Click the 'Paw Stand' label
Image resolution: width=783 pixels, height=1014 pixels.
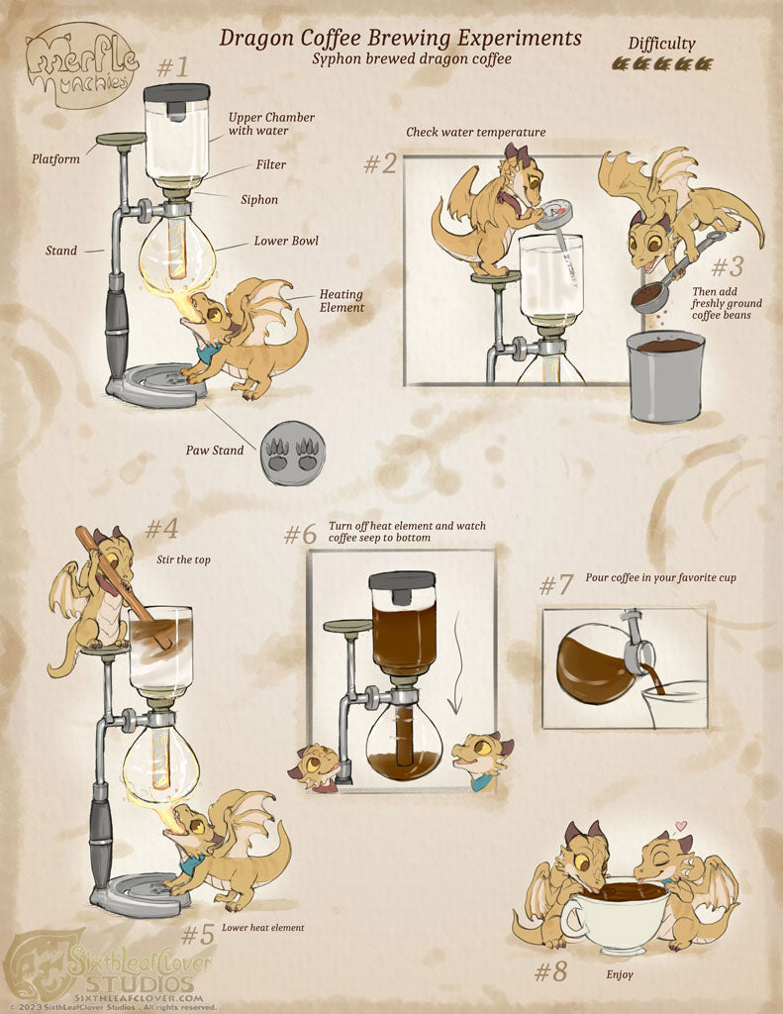pyautogui.click(x=215, y=451)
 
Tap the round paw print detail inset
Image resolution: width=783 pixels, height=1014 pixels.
pyautogui.click(x=293, y=454)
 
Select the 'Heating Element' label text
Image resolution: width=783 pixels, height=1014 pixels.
pyautogui.click(x=342, y=301)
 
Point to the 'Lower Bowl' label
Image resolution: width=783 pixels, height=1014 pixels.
pyautogui.click(x=286, y=241)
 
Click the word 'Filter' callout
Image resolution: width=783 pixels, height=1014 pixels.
pyautogui.click(x=271, y=164)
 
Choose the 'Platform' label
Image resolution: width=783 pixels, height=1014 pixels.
pyautogui.click(x=55, y=159)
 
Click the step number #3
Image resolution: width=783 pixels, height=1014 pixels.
pyautogui.click(x=727, y=266)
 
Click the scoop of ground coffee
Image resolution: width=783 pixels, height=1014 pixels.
pyautogui.click(x=649, y=297)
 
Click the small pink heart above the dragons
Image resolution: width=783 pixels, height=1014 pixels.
pyautogui.click(x=679, y=826)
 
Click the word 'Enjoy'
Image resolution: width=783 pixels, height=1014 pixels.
pyautogui.click(x=620, y=974)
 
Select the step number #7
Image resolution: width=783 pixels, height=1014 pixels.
pyautogui.click(x=556, y=585)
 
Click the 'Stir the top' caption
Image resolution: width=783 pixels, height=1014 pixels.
pyautogui.click(x=184, y=560)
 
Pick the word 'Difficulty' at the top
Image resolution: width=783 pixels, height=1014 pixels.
pyautogui.click(x=661, y=44)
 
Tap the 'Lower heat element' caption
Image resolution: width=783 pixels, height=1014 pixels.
pyautogui.click(x=262, y=927)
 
